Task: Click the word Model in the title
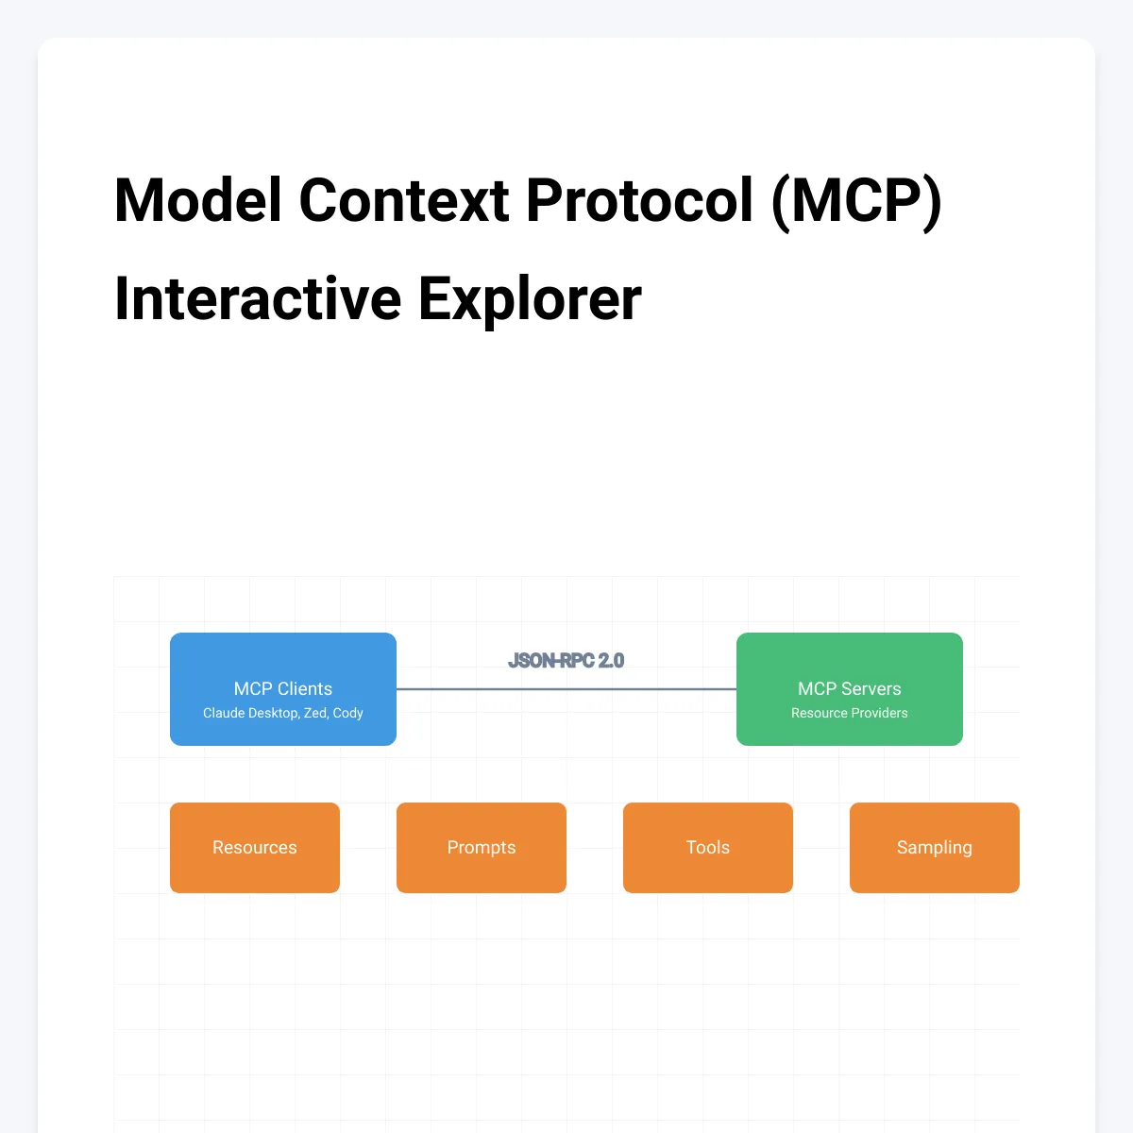(197, 200)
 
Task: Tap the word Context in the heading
(404, 200)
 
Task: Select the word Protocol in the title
(639, 200)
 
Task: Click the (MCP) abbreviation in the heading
(856, 200)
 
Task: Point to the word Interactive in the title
(257, 298)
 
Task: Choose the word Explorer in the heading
(530, 298)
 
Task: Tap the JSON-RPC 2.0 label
(566, 661)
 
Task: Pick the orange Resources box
(255, 847)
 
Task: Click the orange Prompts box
(482, 847)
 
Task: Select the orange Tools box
(708, 847)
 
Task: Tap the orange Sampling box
(935, 847)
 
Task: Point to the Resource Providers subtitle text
(850, 713)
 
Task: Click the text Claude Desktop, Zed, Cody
(283, 713)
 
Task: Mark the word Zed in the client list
(314, 713)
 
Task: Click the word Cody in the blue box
(347, 713)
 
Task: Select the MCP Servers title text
(850, 688)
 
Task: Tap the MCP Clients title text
(283, 688)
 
